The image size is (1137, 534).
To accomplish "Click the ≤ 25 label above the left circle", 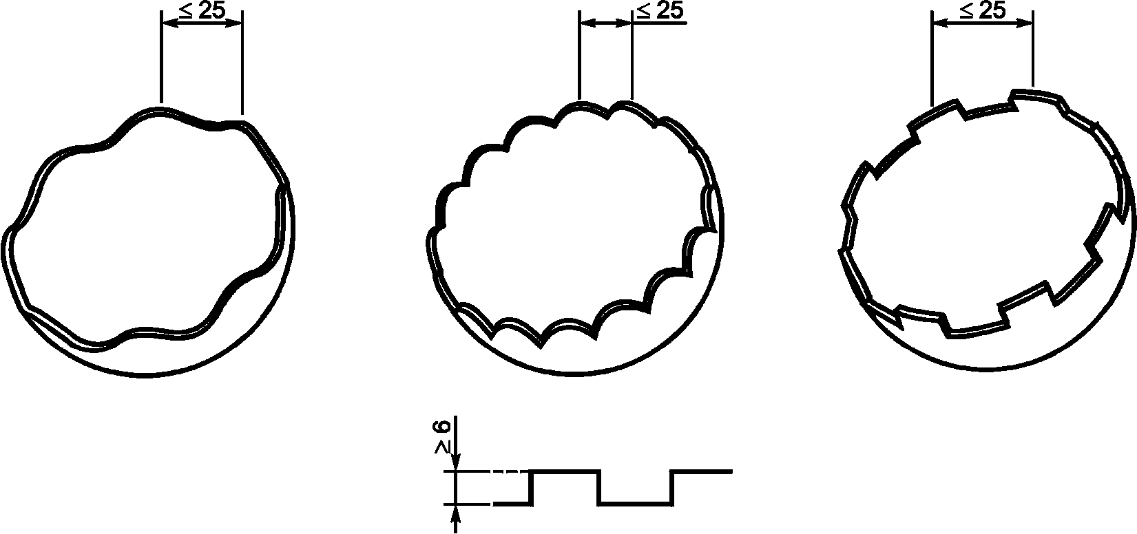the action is click(202, 10).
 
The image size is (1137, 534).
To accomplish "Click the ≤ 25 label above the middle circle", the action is click(660, 10).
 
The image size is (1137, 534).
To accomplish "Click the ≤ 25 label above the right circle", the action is click(982, 10).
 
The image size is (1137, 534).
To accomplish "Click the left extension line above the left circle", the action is click(161, 57).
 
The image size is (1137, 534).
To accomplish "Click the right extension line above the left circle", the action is click(242, 63).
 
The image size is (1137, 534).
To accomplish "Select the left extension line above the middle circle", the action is click(578, 55).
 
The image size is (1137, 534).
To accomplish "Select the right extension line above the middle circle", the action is click(632, 55).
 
